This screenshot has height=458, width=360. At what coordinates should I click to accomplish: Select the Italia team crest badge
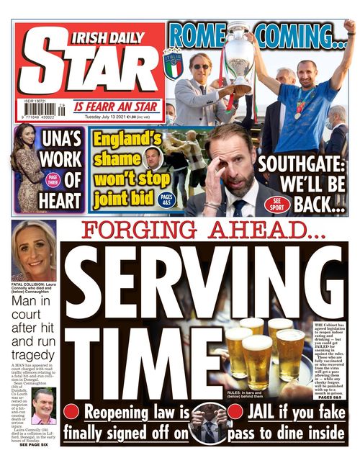pos(173,63)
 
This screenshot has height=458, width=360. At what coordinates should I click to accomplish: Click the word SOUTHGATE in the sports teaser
pos(303,163)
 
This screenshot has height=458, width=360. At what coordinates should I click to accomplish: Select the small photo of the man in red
pos(43,407)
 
